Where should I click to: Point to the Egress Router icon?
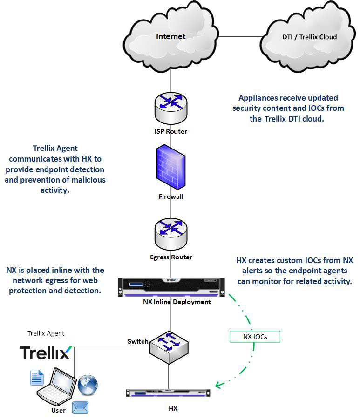[170, 235]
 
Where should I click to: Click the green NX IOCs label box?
[255, 337]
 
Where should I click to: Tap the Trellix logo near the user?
[46, 352]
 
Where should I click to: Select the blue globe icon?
[88, 385]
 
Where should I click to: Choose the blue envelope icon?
[80, 408]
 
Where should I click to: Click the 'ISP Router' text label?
[171, 131]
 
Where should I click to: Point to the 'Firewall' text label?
[171, 196]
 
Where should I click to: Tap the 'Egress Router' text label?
[171, 257]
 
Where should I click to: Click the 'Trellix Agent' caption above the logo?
[46, 333]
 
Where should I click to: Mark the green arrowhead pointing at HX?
[218, 385]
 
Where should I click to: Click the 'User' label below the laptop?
[59, 410]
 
